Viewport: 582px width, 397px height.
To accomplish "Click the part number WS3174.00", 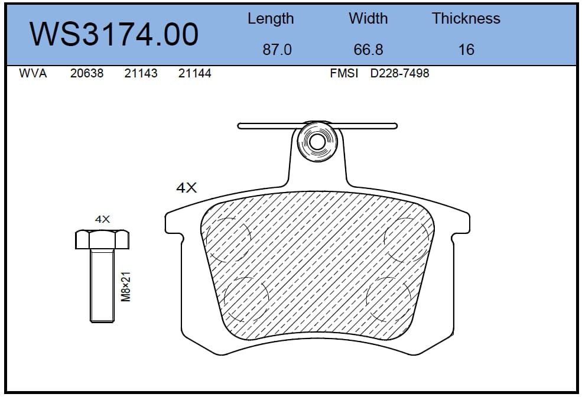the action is coord(114,34).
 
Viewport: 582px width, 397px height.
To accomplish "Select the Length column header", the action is coord(271,19).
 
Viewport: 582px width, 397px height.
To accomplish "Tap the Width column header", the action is coord(368,18).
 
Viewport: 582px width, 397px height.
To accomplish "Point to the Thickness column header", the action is coord(466,18).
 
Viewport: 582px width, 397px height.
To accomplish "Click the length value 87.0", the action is coord(277,50).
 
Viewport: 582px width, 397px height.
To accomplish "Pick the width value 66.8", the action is coord(368,50).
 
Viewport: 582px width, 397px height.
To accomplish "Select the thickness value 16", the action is coord(466,50).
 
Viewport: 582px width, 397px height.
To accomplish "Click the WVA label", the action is coord(33,73).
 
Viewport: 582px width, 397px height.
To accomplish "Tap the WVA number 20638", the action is coord(87,73).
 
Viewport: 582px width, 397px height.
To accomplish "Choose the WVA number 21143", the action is coord(141,73).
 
